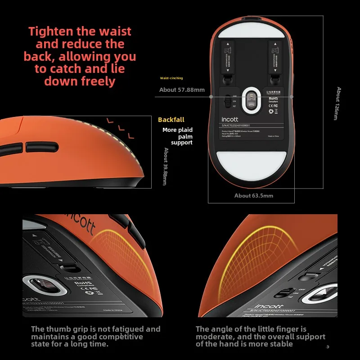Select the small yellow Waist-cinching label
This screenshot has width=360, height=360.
tap(171, 78)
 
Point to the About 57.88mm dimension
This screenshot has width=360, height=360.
tap(182, 90)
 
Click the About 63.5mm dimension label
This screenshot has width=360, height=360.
tap(253, 196)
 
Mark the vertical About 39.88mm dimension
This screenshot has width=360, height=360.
tap(166, 166)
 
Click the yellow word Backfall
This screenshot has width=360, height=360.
tap(171, 120)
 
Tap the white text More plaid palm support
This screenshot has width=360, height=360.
tap(177, 136)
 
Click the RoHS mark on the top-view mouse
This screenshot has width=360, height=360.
tap(273, 99)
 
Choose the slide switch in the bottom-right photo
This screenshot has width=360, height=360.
tap(282, 293)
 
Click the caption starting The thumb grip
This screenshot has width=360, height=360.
tap(95, 337)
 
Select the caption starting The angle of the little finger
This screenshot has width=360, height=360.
tap(260, 337)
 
